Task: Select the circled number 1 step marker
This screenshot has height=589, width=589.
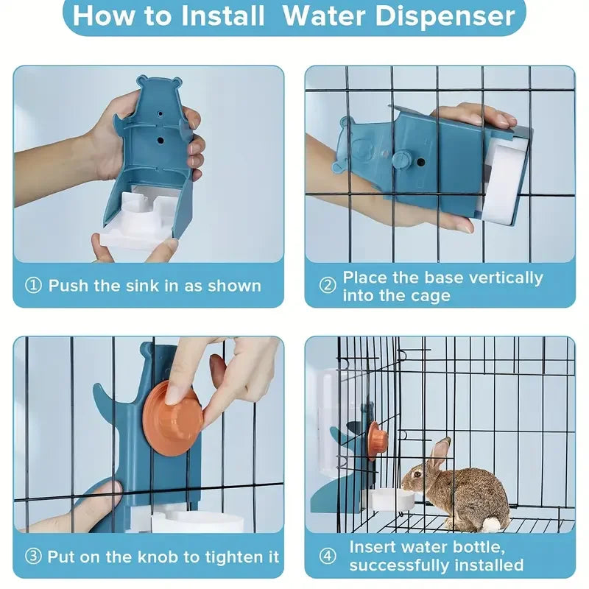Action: point(34,286)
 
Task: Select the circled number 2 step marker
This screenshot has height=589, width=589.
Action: point(328,286)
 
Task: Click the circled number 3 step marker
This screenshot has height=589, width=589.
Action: point(34,557)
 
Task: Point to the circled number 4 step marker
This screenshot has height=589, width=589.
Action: point(328,557)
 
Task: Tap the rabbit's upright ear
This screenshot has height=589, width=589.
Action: point(440,453)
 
